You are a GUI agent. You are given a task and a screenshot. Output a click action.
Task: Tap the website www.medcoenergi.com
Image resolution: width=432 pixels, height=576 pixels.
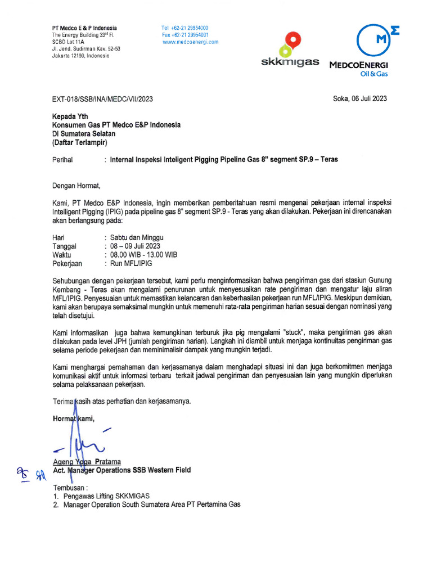coord(190,42)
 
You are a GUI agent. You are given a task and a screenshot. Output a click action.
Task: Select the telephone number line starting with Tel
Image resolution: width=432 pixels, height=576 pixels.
coord(185,28)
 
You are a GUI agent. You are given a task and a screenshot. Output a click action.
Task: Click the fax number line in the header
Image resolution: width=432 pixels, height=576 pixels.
coord(185,35)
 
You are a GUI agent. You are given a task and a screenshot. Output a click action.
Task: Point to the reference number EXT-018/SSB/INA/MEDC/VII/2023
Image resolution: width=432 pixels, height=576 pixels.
coord(102,99)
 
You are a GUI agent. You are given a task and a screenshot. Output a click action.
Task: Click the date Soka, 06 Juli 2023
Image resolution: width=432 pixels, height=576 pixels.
coord(360,99)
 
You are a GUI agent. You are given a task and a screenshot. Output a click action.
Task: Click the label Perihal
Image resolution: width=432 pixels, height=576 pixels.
coord(62,160)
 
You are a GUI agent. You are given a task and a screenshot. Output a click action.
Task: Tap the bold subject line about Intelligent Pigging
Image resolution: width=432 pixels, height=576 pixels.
coord(224,160)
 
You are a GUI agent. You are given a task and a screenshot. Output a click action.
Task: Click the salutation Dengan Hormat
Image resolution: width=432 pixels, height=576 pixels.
coord(76,186)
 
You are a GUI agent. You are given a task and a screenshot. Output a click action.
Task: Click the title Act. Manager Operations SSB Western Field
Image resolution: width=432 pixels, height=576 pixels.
coord(121,470)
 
